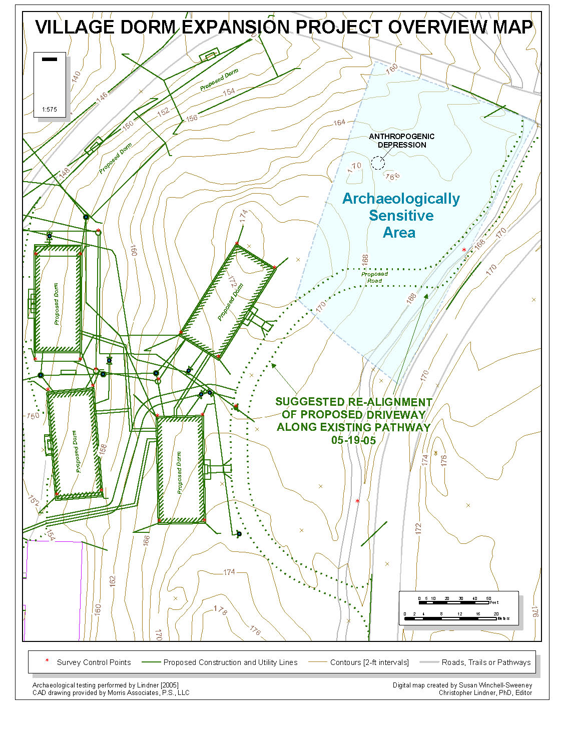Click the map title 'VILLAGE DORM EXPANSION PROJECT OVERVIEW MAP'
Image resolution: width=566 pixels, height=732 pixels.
click(x=283, y=27)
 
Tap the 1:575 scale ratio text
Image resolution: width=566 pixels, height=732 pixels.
click(x=50, y=110)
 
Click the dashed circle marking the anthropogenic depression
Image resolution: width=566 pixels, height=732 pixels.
click(x=378, y=163)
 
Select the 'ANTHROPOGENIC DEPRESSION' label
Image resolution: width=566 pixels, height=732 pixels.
click(x=401, y=141)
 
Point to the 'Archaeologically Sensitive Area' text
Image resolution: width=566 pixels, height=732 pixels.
click(x=400, y=216)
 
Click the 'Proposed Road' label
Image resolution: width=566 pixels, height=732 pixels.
click(x=374, y=277)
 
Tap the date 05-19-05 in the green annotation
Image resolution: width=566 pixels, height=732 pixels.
click(x=353, y=440)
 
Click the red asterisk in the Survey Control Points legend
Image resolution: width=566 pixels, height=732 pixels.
click(x=47, y=661)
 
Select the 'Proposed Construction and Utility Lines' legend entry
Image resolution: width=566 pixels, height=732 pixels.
click(x=230, y=662)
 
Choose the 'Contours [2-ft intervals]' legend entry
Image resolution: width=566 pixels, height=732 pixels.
click(x=369, y=662)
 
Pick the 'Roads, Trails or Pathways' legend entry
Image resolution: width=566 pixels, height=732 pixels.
click(x=486, y=662)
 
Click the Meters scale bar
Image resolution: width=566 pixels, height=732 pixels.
click(x=450, y=618)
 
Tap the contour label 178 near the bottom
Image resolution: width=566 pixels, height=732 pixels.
click(x=220, y=609)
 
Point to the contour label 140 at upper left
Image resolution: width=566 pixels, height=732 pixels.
click(x=76, y=78)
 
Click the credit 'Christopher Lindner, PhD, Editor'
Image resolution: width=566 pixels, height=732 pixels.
click(x=485, y=693)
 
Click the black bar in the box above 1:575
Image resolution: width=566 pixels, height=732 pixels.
click(x=50, y=59)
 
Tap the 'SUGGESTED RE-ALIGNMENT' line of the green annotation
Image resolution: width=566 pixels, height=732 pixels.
click(x=353, y=402)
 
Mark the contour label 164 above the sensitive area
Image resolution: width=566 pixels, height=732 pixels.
click(x=339, y=123)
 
